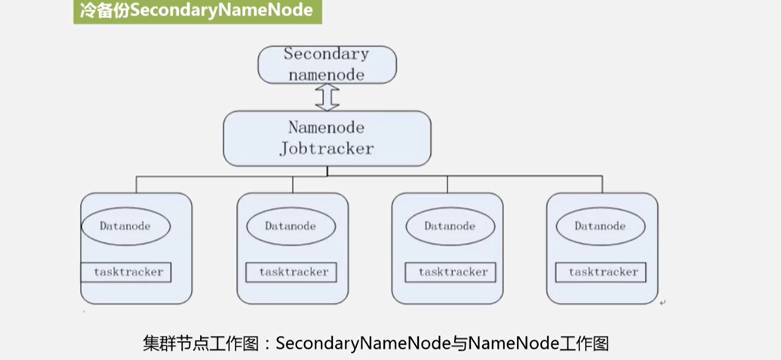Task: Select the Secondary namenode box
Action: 327,64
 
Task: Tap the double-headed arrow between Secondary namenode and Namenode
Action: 327,97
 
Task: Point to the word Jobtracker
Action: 327,149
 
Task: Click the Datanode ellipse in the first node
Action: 125,226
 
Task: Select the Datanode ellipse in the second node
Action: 291,226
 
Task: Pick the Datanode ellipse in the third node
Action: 450,226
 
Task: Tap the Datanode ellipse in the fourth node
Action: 600,226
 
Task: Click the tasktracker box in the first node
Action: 128,272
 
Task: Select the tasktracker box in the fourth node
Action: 602,272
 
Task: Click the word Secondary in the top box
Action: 327,54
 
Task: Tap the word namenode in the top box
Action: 327,74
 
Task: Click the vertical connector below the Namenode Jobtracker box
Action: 327,171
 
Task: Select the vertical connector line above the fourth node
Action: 602,185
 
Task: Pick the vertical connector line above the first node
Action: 137,185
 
